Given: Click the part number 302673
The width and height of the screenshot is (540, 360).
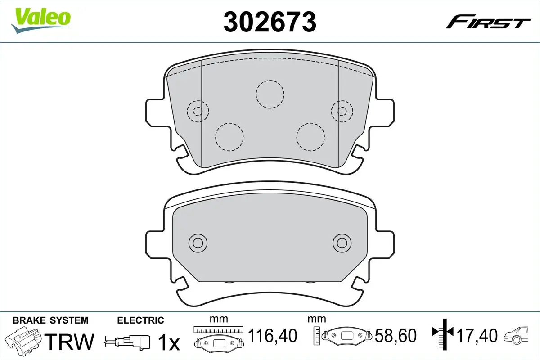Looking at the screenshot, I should click(x=270, y=21).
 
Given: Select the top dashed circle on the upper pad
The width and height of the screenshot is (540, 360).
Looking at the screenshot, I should click(x=270, y=94).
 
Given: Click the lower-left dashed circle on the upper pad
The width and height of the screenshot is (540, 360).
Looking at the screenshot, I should click(x=229, y=136).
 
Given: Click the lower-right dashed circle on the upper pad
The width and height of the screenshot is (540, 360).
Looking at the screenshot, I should click(x=310, y=136).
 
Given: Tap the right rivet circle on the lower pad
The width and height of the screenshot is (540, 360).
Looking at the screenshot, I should click(x=342, y=243).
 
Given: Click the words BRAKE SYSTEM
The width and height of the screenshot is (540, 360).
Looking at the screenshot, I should click(x=50, y=320).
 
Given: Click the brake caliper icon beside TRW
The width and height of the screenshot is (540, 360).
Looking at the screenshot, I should click(x=25, y=340).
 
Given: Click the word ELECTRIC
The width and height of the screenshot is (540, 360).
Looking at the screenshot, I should click(x=140, y=320).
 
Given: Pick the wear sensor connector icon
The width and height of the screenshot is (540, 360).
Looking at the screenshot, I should click(x=128, y=340).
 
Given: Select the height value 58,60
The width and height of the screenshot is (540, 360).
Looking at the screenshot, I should click(x=396, y=336).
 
